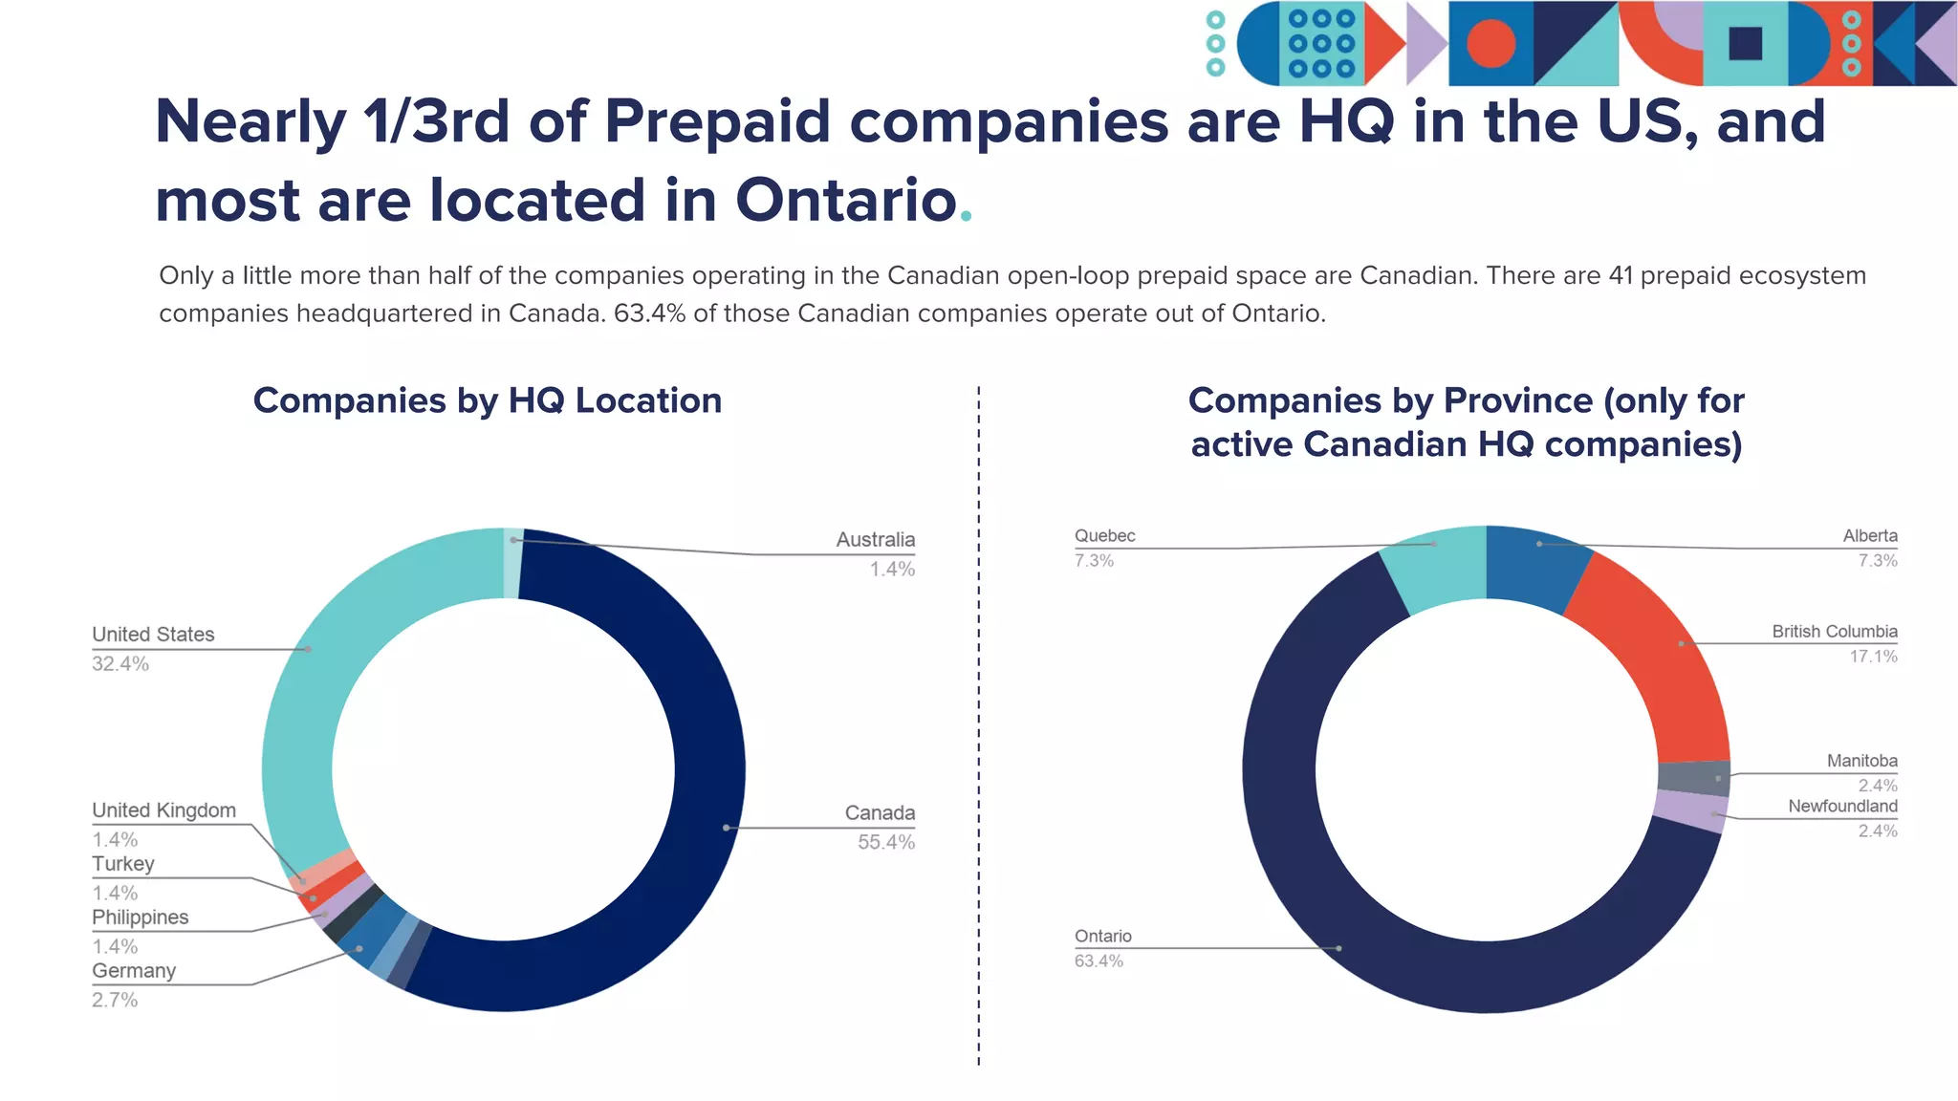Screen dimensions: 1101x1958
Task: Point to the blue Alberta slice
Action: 1534,564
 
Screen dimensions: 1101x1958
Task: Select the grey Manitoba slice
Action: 1693,779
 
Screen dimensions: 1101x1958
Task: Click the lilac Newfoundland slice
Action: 1690,810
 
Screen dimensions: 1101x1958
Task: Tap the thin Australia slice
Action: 512,563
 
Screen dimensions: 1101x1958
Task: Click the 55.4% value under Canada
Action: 885,843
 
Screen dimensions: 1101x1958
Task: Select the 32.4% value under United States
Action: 120,664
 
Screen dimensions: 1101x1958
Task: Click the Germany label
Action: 134,971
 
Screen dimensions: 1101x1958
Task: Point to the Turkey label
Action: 122,864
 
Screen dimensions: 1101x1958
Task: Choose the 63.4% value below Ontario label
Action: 1099,961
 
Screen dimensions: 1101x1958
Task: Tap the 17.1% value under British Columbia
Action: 1872,657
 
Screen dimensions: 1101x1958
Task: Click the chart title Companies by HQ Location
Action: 487,400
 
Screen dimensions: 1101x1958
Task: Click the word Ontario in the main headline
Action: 846,201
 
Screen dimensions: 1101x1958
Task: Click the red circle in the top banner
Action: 1490,44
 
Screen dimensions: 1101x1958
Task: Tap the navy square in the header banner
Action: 1745,44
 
